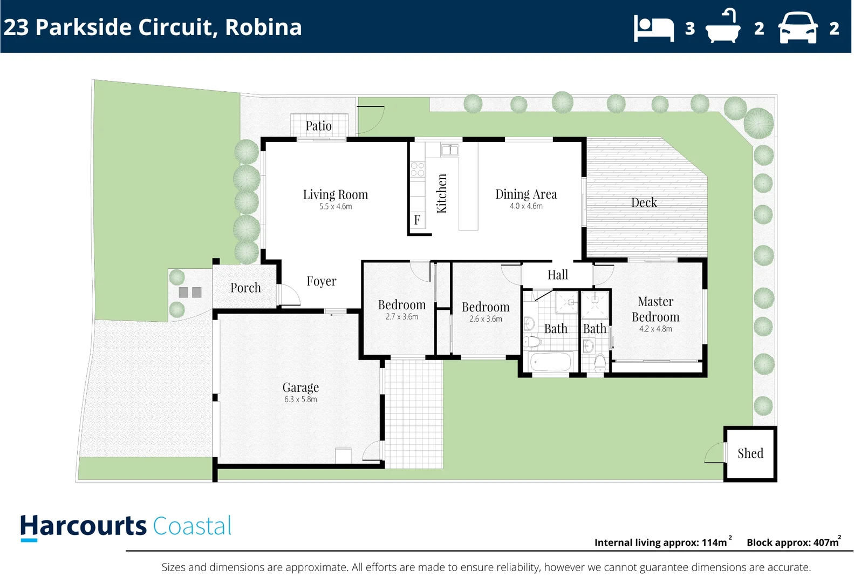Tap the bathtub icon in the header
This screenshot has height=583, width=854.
click(723, 27)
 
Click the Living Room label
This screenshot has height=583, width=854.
click(335, 194)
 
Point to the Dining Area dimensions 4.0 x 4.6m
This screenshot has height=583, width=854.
click(526, 206)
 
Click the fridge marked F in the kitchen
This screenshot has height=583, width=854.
click(417, 220)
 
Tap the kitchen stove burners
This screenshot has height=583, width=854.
click(417, 170)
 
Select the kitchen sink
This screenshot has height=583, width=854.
click(449, 150)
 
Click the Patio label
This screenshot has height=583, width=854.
click(318, 126)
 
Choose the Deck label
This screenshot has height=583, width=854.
click(644, 202)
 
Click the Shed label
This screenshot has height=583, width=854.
click(750, 453)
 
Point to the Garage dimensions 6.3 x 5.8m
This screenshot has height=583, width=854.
click(300, 399)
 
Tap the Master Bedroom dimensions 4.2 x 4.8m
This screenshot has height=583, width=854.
click(655, 329)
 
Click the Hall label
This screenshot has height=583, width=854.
click(557, 275)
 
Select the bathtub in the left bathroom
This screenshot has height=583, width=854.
click(550, 362)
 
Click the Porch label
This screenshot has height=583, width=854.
click(245, 288)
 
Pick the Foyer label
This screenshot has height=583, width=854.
click(321, 281)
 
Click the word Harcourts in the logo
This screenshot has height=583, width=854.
click(84, 526)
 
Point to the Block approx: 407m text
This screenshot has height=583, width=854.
click(792, 543)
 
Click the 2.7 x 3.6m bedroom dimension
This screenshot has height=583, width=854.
click(401, 317)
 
